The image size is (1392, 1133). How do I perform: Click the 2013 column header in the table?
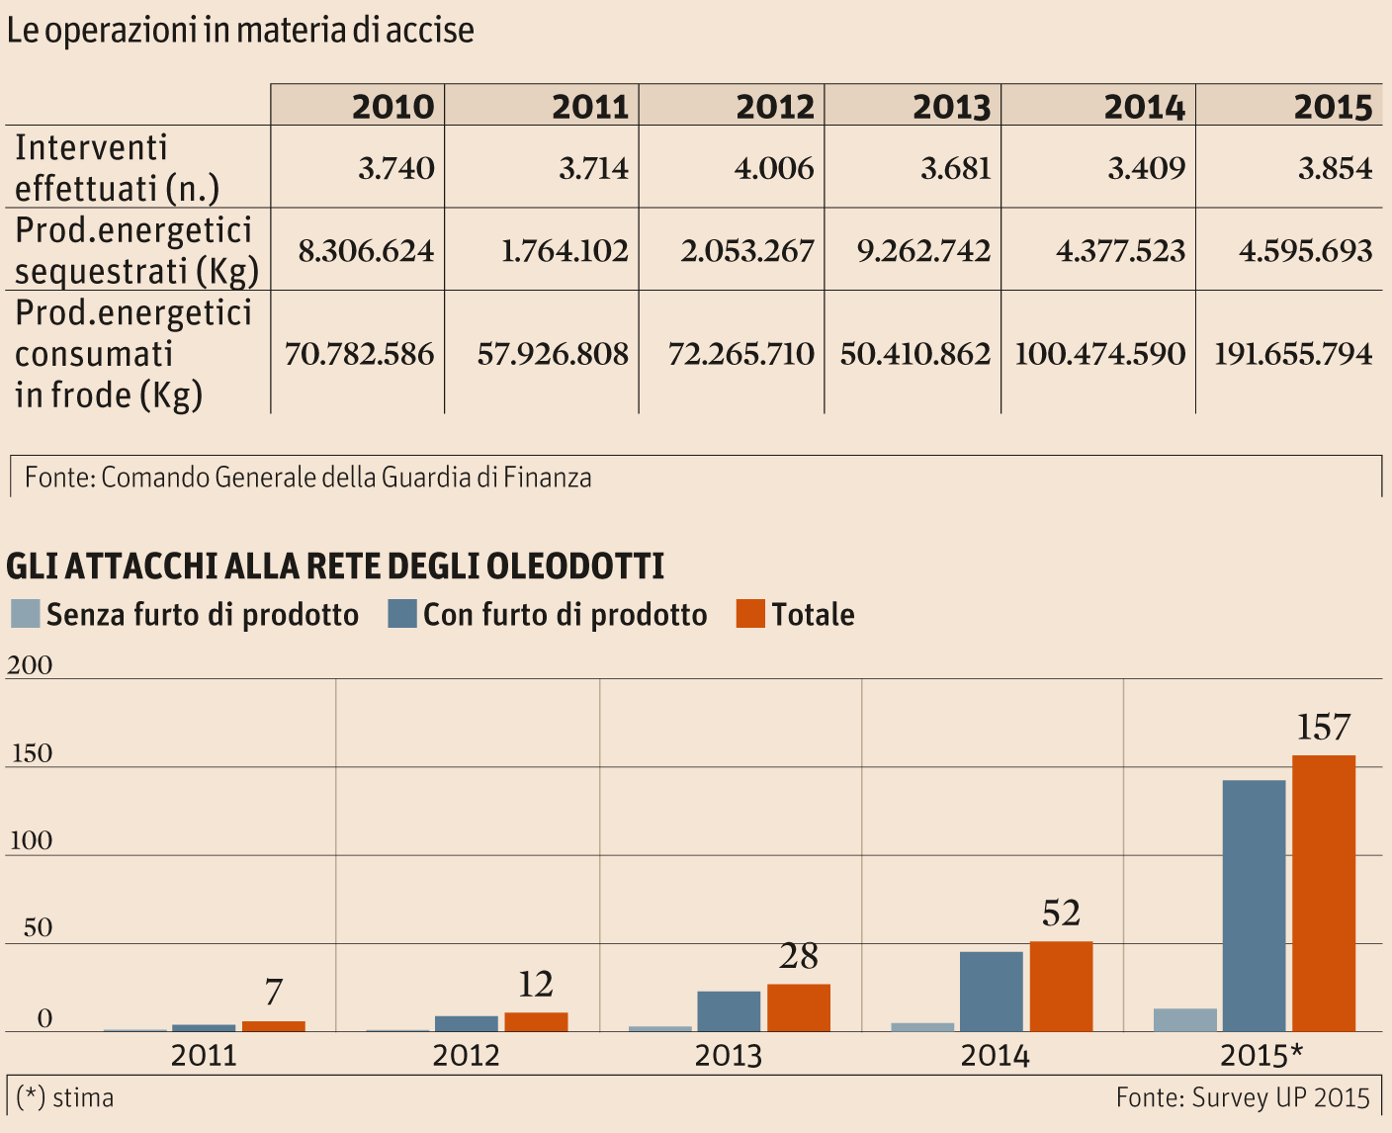(950, 107)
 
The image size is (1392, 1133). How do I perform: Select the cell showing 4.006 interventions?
(773, 168)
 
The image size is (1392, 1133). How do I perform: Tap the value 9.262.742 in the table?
(923, 251)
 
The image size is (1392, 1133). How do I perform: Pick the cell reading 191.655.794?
(1293, 354)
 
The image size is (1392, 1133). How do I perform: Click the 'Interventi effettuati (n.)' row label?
(117, 167)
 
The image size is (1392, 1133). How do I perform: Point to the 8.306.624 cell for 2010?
(366, 251)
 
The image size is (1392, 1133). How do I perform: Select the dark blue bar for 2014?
(992, 991)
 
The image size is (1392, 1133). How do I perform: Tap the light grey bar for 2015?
(1185, 1019)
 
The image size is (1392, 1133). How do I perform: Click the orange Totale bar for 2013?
(799, 1007)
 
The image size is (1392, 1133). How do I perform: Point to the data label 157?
(1323, 729)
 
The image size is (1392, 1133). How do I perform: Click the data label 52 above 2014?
(1061, 914)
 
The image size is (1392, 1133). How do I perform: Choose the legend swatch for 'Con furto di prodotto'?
(402, 614)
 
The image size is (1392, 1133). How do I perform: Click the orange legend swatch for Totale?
(750, 614)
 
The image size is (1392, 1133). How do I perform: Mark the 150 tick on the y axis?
(32, 753)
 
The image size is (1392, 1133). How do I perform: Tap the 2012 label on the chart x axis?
(466, 1056)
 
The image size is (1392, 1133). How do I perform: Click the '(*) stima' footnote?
(65, 1097)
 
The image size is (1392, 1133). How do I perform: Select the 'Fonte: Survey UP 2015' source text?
(1243, 1097)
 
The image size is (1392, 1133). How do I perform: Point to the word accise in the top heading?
(429, 31)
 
